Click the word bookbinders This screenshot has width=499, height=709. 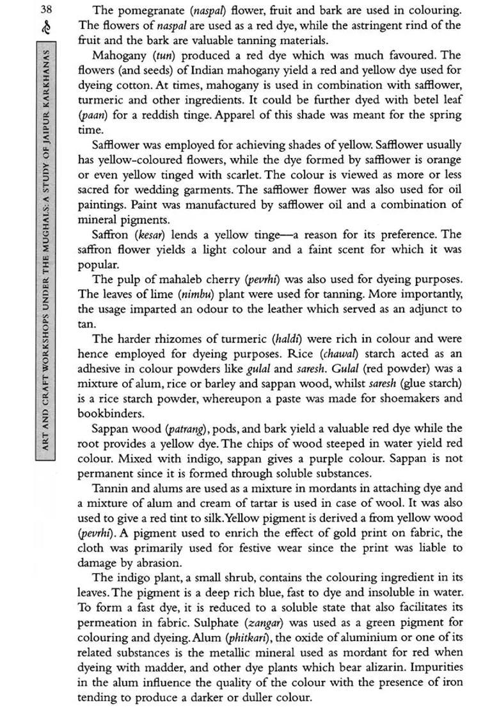click(113, 413)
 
